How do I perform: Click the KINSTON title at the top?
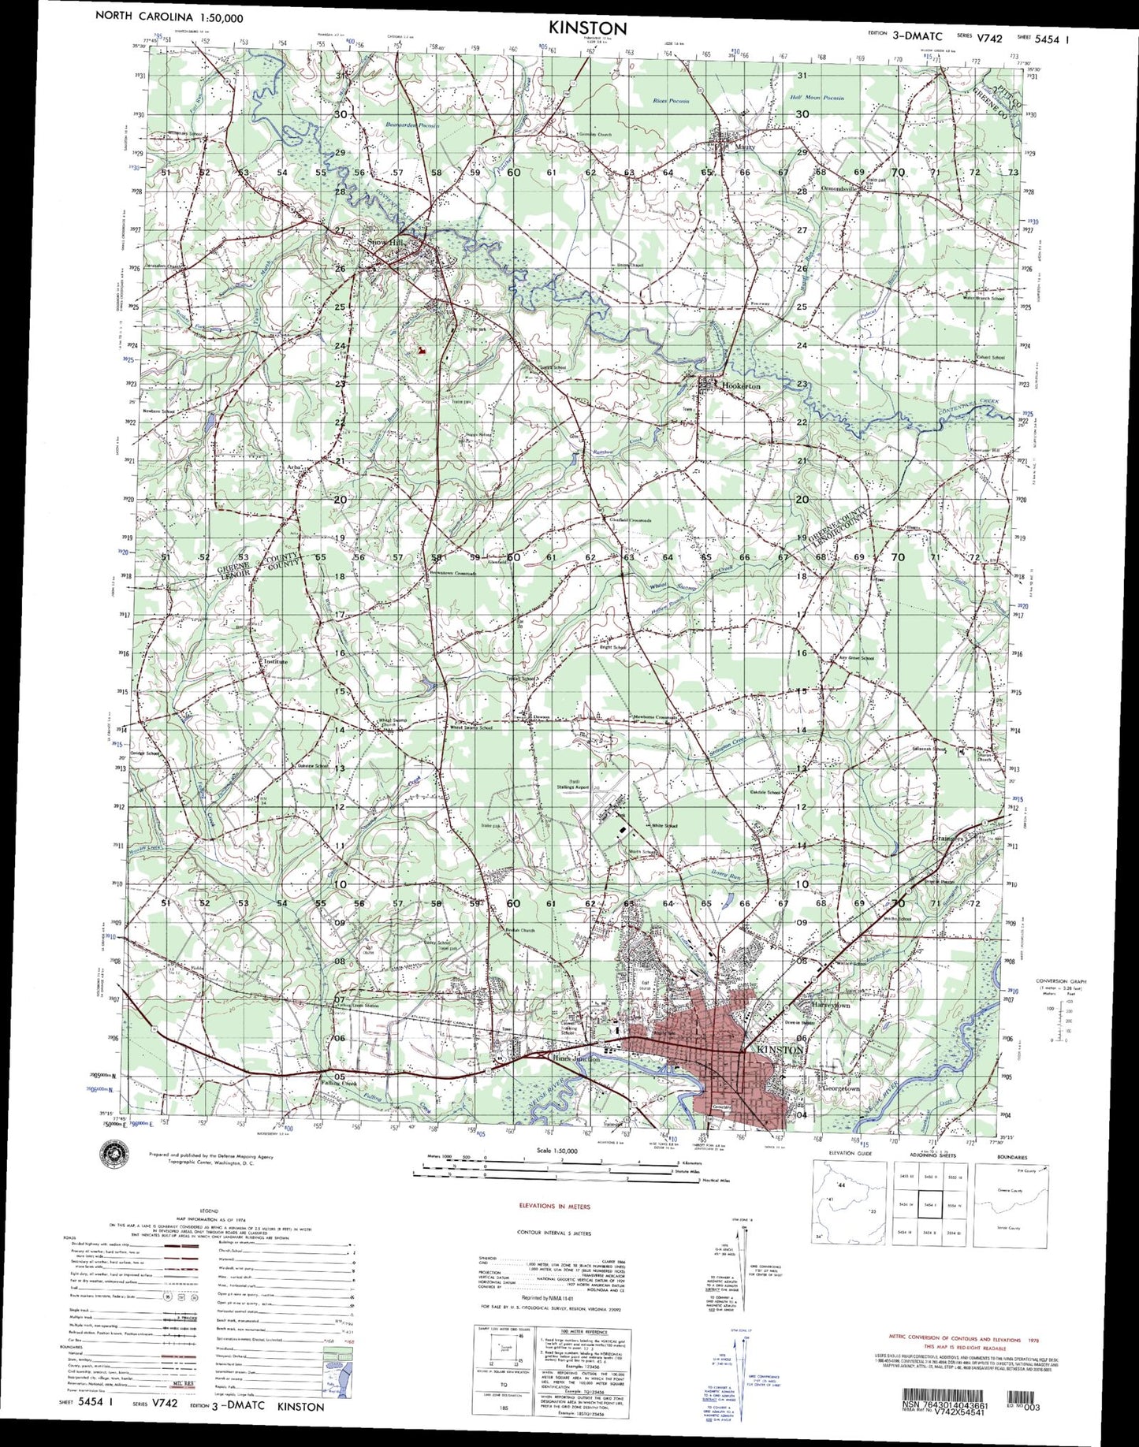pos(588,28)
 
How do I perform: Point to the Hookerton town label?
pos(741,386)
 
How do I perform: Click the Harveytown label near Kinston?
pos(832,1006)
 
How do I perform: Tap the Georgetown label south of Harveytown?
pos(839,1088)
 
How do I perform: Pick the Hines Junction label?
pos(576,1059)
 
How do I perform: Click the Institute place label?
pos(275,661)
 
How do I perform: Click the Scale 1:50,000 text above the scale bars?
pos(556,1150)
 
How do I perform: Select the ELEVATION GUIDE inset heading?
pos(850,1157)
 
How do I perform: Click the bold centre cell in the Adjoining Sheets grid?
pos(929,1205)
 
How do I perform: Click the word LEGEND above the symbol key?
pos(209,1209)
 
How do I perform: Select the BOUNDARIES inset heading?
pos(1011,1157)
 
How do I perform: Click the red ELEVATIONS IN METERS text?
pos(554,1207)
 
